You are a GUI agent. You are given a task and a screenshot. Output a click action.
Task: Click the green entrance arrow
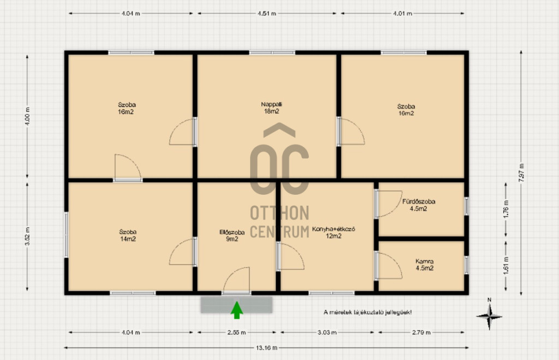(237, 310)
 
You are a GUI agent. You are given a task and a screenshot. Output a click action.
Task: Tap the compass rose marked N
(490, 315)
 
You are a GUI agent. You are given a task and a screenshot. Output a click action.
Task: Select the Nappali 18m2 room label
(271, 108)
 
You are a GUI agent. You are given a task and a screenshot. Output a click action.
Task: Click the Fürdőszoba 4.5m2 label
(419, 205)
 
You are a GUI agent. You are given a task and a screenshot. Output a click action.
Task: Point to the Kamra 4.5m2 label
(424, 265)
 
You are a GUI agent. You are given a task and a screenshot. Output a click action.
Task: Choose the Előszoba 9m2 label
(231, 236)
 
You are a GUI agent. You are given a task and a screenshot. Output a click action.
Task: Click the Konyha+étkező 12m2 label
(334, 232)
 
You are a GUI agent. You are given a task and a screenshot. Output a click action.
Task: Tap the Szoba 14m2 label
(128, 236)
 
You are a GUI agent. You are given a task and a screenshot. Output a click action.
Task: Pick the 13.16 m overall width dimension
(266, 347)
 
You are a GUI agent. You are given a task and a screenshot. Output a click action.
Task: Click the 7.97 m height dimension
(521, 173)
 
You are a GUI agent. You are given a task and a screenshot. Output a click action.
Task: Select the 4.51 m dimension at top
(267, 14)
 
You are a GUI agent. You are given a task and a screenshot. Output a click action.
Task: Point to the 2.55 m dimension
(237, 332)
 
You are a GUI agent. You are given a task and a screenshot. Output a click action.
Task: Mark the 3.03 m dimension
(328, 332)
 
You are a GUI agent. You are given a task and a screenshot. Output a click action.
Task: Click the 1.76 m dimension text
(506, 210)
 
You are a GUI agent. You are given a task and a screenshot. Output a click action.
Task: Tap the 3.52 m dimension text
(27, 236)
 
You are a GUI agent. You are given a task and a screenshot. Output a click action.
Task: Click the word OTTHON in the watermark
(279, 213)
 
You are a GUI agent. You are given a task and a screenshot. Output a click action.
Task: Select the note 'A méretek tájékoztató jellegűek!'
(367, 313)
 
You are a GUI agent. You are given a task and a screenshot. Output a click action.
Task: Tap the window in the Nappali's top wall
(272, 53)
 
